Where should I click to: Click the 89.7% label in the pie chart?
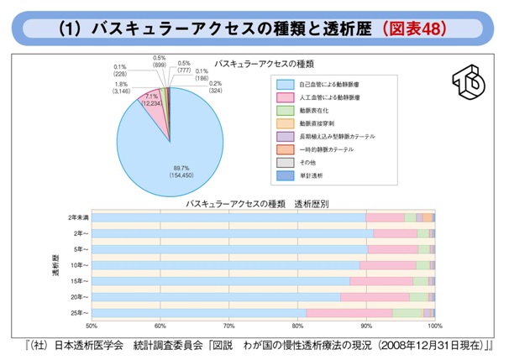click(160, 166)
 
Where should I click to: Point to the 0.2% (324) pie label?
click(216, 87)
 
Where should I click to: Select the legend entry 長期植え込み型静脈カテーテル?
click(336, 135)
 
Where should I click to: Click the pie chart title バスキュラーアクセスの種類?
click(263, 64)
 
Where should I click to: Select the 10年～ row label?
click(81, 265)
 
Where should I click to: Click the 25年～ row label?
click(81, 313)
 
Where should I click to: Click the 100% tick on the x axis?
click(433, 326)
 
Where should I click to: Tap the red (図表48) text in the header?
click(413, 28)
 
